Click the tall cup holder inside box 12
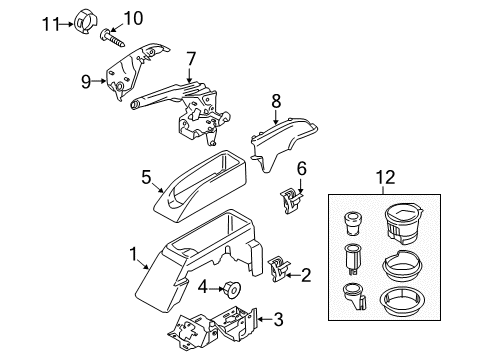tap(403, 225)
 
